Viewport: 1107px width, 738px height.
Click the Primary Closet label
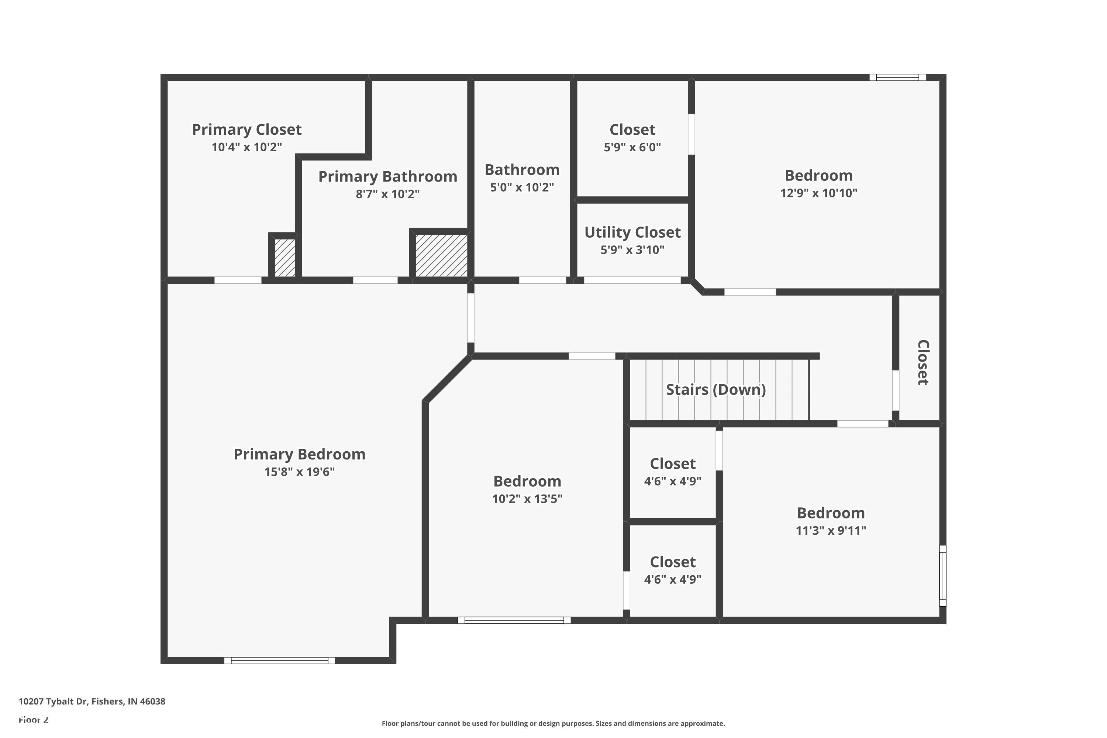[246, 130]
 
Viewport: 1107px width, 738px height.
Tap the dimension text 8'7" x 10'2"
[387, 194]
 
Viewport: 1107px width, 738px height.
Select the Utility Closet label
[632, 232]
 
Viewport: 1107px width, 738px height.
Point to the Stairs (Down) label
[716, 390]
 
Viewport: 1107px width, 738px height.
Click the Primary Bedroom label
[299, 454]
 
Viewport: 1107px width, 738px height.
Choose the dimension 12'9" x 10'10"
[818, 193]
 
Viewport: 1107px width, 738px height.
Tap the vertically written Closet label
[923, 362]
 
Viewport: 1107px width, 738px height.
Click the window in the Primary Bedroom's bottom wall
[280, 661]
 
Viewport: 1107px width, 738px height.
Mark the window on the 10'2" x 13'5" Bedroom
[514, 620]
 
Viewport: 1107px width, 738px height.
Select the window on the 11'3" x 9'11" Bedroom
[943, 576]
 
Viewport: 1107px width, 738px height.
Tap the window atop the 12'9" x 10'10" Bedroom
[897, 77]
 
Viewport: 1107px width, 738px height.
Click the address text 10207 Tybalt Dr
[53, 701]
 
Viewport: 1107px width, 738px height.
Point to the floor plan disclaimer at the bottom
[553, 723]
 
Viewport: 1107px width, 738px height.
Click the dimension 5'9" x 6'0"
[632, 147]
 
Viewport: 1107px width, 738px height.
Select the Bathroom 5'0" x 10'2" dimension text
[522, 187]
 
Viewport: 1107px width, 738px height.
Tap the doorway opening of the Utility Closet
[632, 280]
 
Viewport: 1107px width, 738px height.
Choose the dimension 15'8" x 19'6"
[299, 472]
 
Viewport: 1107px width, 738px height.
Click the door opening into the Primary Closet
[238, 280]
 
